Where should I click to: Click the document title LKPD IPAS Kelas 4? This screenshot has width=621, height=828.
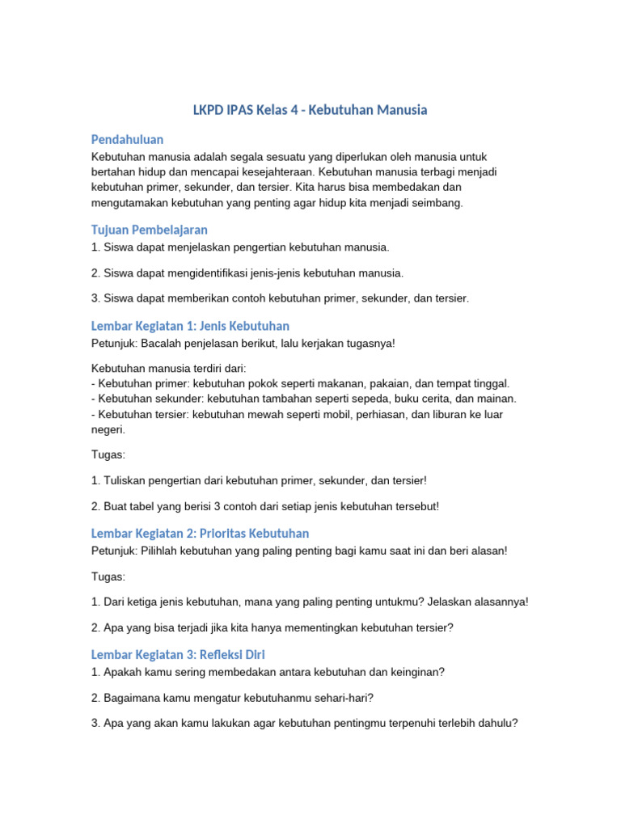[x=310, y=109]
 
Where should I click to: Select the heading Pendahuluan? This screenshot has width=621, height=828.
[x=128, y=139]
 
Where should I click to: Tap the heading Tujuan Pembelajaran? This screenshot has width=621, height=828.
[x=150, y=230]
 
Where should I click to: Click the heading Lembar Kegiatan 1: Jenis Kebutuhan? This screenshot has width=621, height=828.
[x=190, y=326]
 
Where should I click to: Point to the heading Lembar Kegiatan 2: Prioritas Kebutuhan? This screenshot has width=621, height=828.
[x=200, y=533]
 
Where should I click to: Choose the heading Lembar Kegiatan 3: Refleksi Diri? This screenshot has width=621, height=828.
[x=178, y=653]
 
